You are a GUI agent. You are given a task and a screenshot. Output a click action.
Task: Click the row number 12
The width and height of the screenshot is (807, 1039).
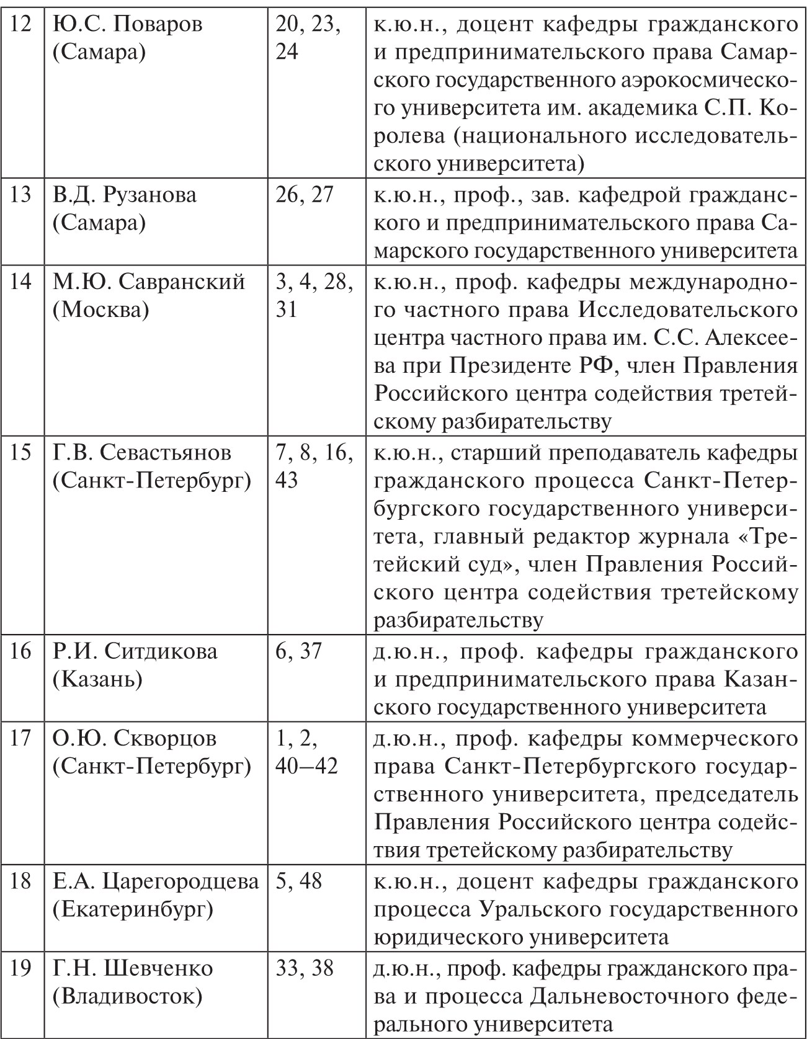[x=21, y=25]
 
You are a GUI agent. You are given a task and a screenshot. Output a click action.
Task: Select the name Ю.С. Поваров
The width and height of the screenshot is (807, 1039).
[x=128, y=25]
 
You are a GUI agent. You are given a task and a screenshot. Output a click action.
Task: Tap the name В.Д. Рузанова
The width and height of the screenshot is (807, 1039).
[x=125, y=195]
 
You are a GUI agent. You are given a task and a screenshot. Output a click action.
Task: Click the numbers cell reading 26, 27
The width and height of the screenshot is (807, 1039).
[x=305, y=195]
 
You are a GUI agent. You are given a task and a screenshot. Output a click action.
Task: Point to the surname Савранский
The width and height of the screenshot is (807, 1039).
[x=182, y=282]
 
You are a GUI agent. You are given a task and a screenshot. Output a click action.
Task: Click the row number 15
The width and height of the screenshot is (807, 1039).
[x=21, y=453]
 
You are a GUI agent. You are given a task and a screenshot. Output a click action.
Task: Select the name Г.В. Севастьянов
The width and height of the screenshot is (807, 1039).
[x=142, y=453]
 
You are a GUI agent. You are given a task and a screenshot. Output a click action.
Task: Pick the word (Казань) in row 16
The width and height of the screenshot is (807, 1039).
[x=97, y=680]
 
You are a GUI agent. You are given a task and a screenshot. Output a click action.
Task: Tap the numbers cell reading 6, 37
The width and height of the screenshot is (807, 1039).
[x=299, y=652]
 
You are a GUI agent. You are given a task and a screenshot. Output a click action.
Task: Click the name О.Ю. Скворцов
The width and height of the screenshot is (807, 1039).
[x=135, y=738]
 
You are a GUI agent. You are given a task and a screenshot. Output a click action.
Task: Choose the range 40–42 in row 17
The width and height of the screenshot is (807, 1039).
[x=306, y=766]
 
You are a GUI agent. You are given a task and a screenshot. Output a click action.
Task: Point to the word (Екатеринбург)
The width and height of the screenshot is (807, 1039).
[x=132, y=909]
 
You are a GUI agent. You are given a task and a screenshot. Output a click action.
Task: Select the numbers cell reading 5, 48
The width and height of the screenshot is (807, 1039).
[x=299, y=881]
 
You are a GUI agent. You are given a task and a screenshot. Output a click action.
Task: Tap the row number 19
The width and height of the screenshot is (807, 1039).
[x=21, y=968]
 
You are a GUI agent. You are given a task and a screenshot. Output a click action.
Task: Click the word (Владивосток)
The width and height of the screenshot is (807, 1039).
[x=127, y=996]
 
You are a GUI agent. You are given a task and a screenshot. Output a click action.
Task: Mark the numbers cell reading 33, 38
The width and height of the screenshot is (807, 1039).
[x=305, y=968]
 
